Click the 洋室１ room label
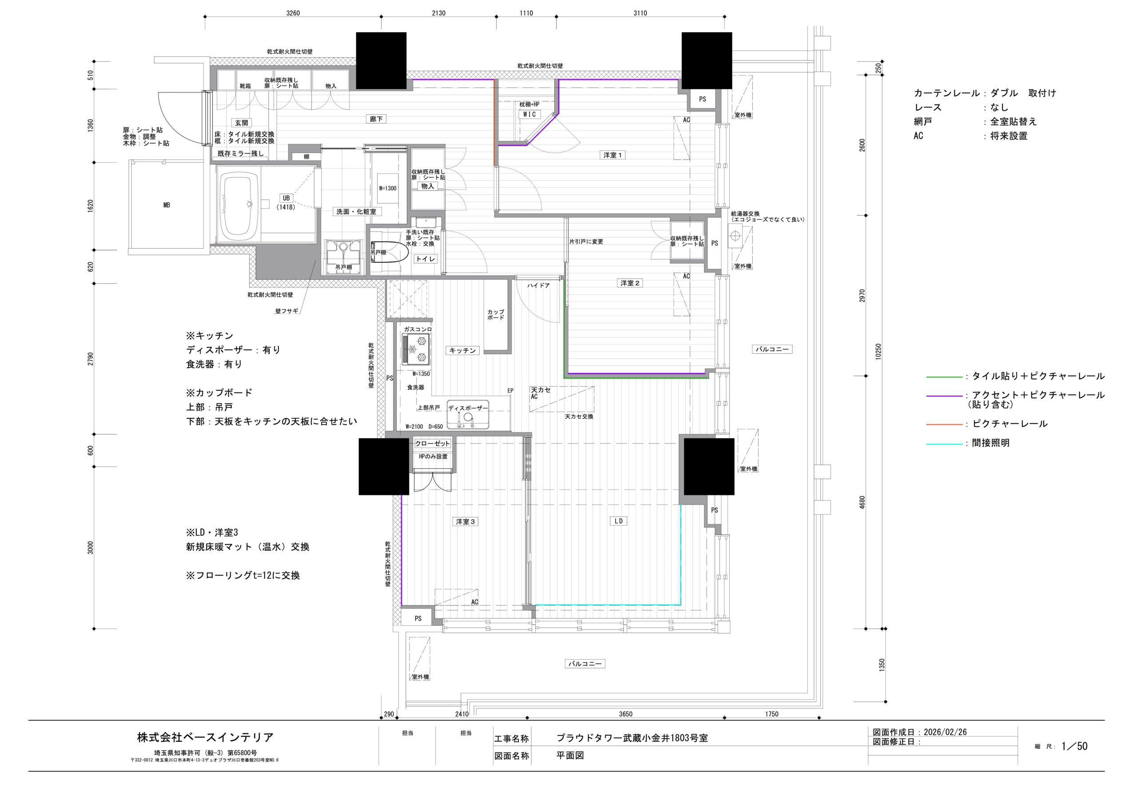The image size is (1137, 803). point(612,155)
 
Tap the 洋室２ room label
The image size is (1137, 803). point(630,283)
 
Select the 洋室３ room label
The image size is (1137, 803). point(465,521)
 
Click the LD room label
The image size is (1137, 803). point(619,521)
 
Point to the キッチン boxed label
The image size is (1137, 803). point(462,351)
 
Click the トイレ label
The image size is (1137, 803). point(425,259)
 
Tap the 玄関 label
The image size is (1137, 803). point(241,123)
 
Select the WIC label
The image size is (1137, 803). point(529,115)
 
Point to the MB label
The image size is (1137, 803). point(167,205)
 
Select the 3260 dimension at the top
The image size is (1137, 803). point(293,13)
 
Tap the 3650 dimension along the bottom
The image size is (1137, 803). point(625,714)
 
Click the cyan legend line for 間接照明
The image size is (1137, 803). point(944,444)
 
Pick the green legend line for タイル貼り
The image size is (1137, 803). point(944,377)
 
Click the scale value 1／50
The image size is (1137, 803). point(1075,746)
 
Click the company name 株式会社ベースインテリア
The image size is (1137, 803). point(205,737)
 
